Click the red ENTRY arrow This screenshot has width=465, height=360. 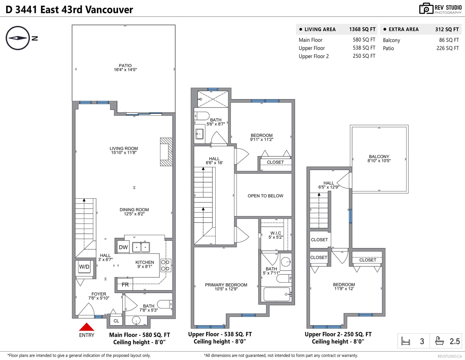tap(86, 327)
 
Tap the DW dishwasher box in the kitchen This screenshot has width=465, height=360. tap(123, 247)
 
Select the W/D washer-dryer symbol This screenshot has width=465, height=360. tap(84, 267)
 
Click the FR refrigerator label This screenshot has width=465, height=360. tap(125, 284)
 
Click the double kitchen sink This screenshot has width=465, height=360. tap(141, 247)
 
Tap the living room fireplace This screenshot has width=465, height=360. tap(166, 152)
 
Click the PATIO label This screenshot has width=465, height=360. tap(125, 65)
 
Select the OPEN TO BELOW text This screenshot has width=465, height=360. tap(265, 196)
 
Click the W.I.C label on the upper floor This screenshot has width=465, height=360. tap(276, 233)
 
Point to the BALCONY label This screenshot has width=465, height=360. tap(379, 157)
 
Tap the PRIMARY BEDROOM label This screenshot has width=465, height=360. tap(226, 285)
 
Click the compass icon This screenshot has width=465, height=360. tap(18, 38)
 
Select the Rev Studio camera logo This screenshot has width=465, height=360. tap(426, 8)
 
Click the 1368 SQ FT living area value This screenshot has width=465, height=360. tap(362, 29)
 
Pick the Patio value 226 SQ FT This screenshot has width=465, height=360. tap(448, 48)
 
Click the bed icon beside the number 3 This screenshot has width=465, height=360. tap(405, 341)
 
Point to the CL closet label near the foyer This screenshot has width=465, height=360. tap(116, 321)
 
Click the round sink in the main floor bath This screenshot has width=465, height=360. tap(136, 320)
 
